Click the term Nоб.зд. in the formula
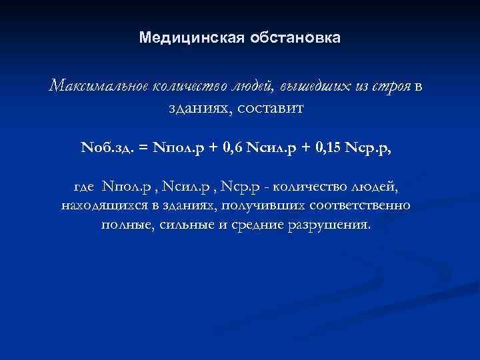[x=111, y=146]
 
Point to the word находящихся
[x=99, y=205]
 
